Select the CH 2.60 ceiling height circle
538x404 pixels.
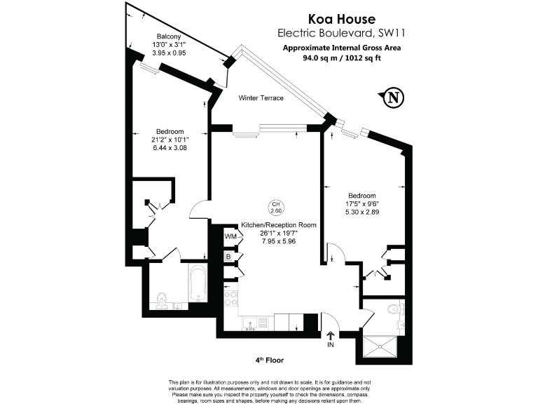[277, 208]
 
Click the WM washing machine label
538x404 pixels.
[230, 237]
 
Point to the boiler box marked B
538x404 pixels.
[228, 257]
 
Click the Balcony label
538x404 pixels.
[169, 36]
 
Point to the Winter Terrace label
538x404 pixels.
[261, 97]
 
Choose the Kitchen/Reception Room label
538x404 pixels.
[279, 225]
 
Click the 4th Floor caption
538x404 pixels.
[270, 360]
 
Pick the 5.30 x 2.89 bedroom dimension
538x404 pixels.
[362, 213]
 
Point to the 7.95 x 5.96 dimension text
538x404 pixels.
[279, 241]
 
